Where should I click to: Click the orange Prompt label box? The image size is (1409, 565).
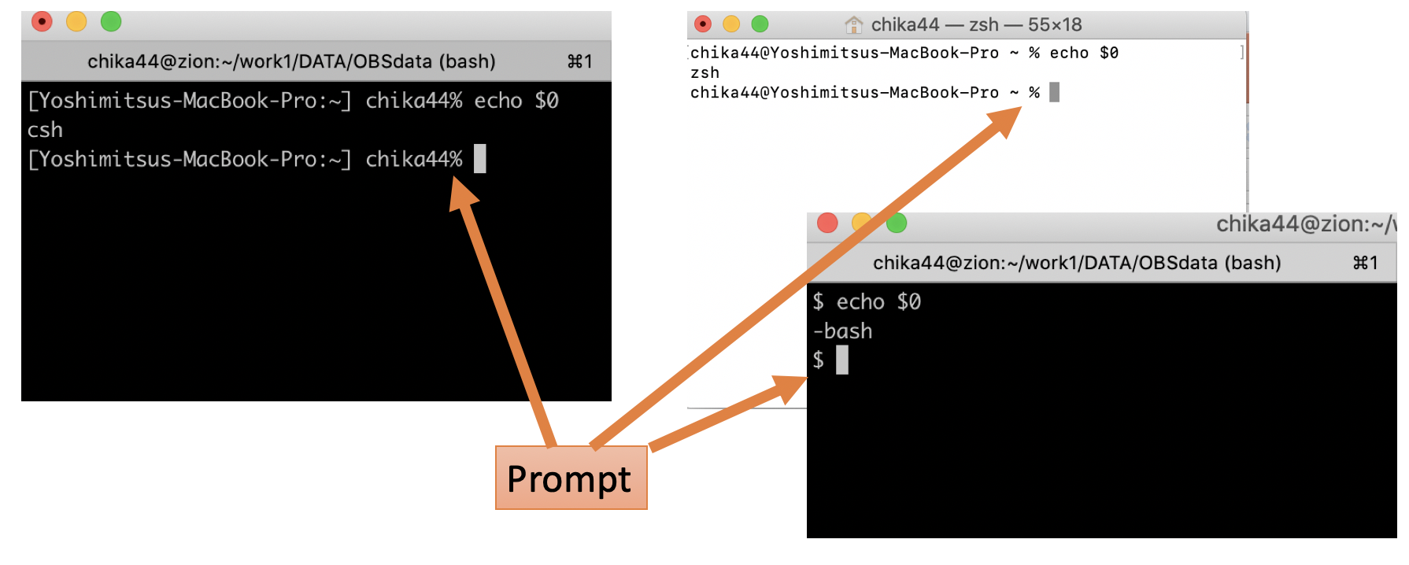tap(571, 478)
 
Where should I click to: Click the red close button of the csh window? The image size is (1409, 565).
tap(42, 22)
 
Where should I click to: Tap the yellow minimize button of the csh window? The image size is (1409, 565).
tap(76, 22)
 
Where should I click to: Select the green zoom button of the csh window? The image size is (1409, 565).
tap(111, 22)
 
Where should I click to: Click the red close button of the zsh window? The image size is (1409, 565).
tap(703, 24)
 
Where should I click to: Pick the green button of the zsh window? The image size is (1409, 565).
tap(760, 24)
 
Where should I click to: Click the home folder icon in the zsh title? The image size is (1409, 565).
tap(853, 25)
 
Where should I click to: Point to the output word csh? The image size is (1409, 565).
tap(45, 130)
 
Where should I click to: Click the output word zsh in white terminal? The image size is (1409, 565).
tap(704, 73)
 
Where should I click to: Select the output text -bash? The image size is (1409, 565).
tap(842, 331)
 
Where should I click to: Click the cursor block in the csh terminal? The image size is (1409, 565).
tap(480, 159)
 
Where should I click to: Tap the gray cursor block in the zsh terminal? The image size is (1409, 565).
tap(1054, 93)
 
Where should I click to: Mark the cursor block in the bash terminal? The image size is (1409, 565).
tap(842, 360)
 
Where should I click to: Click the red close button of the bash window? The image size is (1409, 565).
tap(827, 223)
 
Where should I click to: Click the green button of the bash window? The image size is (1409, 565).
tap(897, 223)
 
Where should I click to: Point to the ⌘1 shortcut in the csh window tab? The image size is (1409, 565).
tap(580, 61)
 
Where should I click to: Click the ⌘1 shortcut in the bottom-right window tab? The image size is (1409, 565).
tap(1366, 263)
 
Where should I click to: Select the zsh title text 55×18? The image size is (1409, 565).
tap(1055, 25)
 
